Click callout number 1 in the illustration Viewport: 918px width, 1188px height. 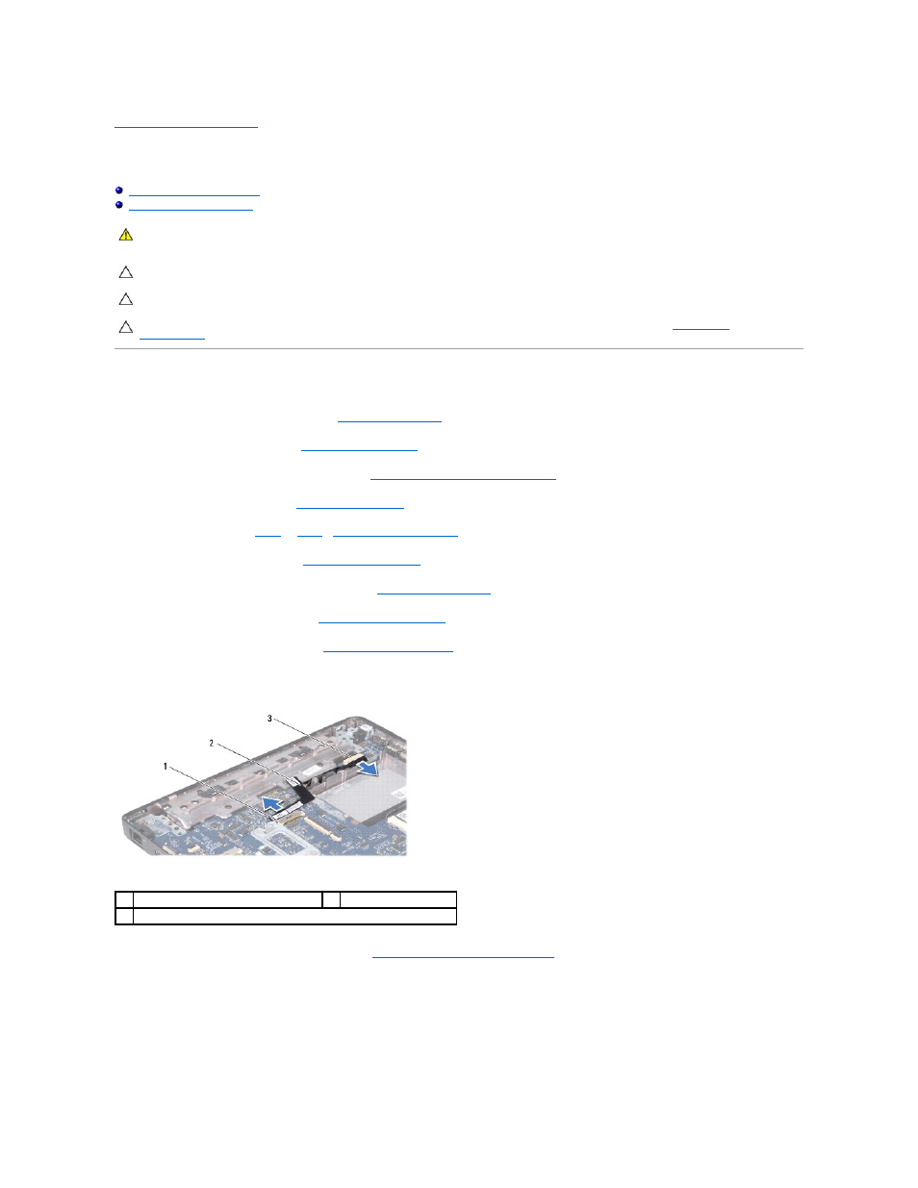click(166, 767)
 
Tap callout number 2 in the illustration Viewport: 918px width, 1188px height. click(212, 743)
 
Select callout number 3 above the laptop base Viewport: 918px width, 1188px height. click(269, 719)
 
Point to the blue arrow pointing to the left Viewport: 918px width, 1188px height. click(273, 803)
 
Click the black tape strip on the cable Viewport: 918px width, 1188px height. click(301, 791)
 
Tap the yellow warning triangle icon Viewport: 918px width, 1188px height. click(126, 235)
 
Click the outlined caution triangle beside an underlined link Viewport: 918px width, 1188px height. click(126, 327)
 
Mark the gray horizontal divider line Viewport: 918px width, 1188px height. click(459, 348)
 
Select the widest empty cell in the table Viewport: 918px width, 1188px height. click(294, 917)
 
